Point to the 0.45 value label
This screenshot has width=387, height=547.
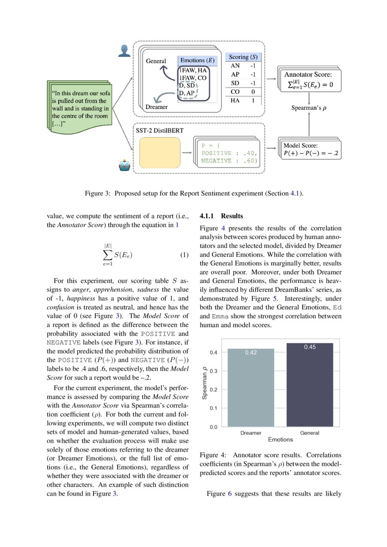(310, 347)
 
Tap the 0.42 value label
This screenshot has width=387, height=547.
(251, 353)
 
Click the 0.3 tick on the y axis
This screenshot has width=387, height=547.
(213, 371)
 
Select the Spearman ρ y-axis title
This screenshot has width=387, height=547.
(204, 382)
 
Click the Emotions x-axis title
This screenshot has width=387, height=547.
(280, 439)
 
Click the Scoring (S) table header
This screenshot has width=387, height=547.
(243, 57)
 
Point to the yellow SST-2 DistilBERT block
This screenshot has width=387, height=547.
(160, 153)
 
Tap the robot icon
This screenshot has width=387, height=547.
(124, 166)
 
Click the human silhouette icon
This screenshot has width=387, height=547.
(124, 51)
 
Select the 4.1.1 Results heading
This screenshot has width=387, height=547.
(221, 216)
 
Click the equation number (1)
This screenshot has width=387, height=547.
(184, 255)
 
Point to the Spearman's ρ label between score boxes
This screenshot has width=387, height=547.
(309, 108)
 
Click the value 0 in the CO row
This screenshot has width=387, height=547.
(253, 92)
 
